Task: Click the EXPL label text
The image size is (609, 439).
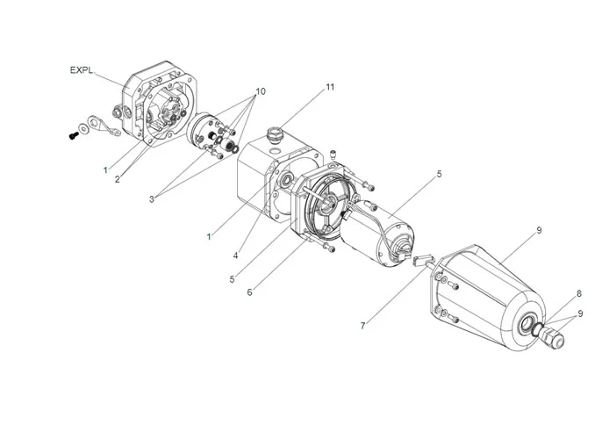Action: (x=82, y=68)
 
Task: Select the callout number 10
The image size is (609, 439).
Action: (x=260, y=91)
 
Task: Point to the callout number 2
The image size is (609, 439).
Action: (x=116, y=179)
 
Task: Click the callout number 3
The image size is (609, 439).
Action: (x=152, y=199)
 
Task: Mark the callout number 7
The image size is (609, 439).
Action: (x=362, y=325)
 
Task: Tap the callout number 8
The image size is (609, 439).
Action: (x=579, y=294)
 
